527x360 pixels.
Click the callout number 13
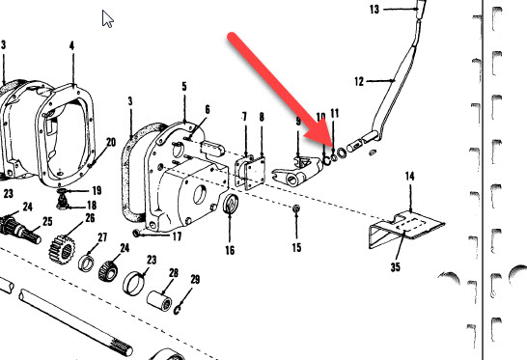tap(374, 10)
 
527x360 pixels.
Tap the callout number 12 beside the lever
tap(359, 81)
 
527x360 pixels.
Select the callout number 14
tap(409, 176)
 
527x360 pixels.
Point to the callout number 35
tap(396, 267)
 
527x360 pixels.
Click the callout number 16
tap(230, 250)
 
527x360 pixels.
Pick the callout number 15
tap(296, 248)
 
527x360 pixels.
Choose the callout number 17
tap(178, 236)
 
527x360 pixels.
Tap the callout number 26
tap(90, 218)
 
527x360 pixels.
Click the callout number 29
tap(195, 279)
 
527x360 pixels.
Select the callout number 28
tap(174, 273)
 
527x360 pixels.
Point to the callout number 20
tap(111, 142)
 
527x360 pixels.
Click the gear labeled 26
tap(62, 249)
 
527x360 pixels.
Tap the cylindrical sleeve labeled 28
tap(159, 300)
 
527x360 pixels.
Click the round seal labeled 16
tap(231, 204)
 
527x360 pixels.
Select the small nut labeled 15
tap(296, 208)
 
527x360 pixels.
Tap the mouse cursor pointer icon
tap(108, 19)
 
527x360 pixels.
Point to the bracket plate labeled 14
tap(406, 230)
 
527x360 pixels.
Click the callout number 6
tap(208, 109)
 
